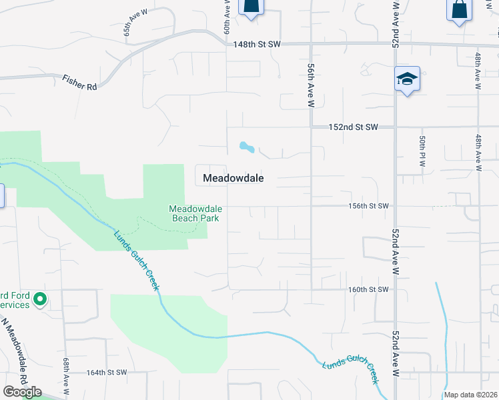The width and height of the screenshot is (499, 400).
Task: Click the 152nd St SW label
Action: [x=354, y=127]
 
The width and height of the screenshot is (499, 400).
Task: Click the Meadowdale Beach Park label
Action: [x=195, y=213]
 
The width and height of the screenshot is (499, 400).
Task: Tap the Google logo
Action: [x=22, y=392]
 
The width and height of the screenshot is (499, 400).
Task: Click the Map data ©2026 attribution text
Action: [x=471, y=395]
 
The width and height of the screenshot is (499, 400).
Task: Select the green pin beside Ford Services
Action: [x=39, y=300]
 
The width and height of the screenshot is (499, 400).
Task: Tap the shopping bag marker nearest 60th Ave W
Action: [x=251, y=7]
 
